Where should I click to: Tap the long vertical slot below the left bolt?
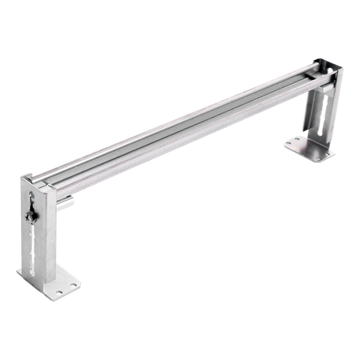(33, 243)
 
